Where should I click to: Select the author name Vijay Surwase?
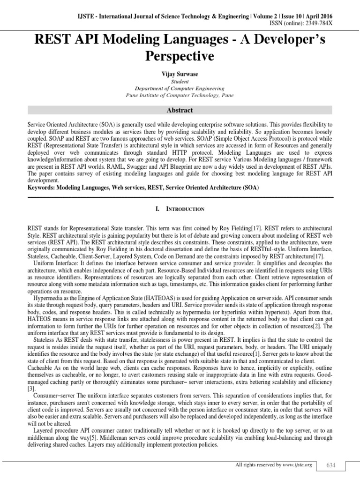point(180,74)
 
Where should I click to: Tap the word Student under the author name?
point(180,81)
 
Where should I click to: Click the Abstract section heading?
point(180,111)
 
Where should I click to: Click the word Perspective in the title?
point(180,56)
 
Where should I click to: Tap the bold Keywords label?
point(42,187)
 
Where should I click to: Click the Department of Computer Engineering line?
point(180,88)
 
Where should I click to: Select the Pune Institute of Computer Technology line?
point(180,95)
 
